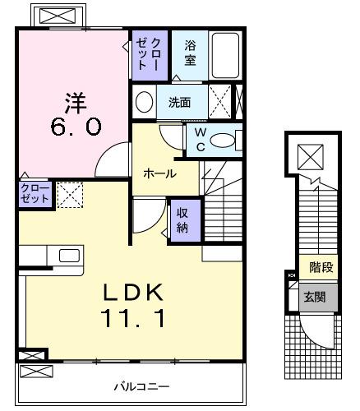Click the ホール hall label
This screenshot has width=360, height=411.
tap(159, 173)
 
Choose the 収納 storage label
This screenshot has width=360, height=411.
tap(182, 219)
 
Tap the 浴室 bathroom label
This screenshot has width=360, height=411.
tap(190, 53)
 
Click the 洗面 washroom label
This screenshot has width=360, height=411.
tap(179, 104)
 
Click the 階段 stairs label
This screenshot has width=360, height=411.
tap(320, 267)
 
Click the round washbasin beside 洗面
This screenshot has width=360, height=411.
tap(144, 103)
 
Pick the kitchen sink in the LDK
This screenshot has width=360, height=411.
tap(69, 255)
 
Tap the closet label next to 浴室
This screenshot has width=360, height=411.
tap(150, 53)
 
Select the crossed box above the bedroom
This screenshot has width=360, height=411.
tap(55, 17)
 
